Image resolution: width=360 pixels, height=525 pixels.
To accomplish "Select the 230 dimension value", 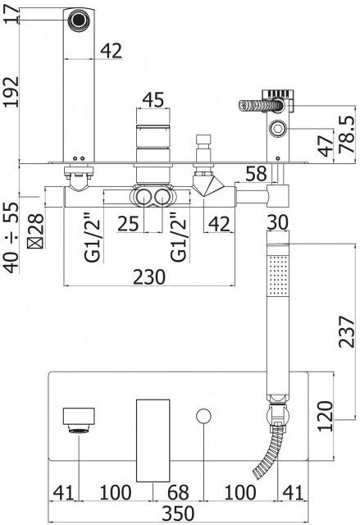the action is pos(149,277).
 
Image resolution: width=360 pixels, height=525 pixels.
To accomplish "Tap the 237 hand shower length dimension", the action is pos(347,331).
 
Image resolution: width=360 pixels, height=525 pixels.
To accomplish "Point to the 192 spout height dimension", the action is pos(11,92).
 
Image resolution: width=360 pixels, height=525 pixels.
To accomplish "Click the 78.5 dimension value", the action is pos(347,135).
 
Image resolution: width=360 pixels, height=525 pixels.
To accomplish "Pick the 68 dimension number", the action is pos(178,492).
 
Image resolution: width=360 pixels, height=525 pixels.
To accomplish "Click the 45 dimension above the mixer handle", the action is pos(153,100).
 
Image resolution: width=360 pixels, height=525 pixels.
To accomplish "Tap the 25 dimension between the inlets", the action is pos(128,224).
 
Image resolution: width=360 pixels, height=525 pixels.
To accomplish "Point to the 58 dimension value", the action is pos(257,174).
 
